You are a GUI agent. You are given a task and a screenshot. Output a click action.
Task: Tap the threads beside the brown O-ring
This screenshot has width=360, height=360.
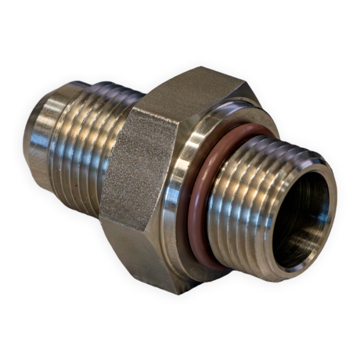tap(242, 206)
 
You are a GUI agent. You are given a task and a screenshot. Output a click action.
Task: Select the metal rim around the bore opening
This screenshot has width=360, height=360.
tap(329, 206)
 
